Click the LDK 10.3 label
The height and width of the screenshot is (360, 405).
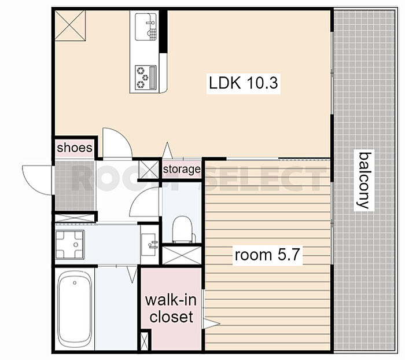(244, 83)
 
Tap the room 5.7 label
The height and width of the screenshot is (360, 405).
(267, 255)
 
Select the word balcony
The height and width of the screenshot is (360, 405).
(364, 180)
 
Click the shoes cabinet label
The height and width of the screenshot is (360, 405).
(75, 148)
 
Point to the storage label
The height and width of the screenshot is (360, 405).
(182, 170)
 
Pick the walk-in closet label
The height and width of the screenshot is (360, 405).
(171, 308)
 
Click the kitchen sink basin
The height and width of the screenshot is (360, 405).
(146, 27)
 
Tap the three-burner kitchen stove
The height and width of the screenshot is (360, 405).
(146, 78)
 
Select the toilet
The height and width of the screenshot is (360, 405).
(183, 230)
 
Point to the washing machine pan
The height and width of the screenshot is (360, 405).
(70, 244)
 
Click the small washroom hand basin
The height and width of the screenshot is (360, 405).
(149, 244)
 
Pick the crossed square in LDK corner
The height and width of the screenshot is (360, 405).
(70, 25)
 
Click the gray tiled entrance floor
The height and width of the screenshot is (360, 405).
(75, 186)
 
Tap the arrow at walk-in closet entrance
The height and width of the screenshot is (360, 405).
(211, 323)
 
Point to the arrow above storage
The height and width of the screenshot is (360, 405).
(167, 150)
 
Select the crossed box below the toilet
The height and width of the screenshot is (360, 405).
(182, 255)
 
